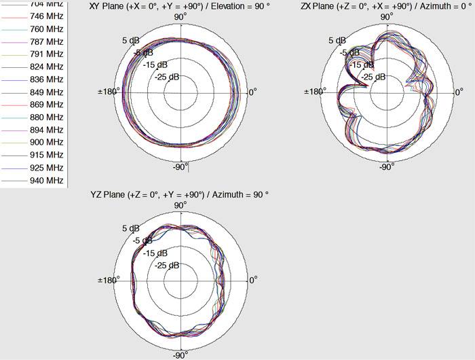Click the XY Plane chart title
(180, 6)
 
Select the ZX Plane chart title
(386, 6)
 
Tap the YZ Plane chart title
(180, 194)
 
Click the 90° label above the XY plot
(180, 17)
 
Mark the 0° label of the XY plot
(252, 92)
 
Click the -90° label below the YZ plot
(180, 355)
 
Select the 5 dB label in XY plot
(130, 40)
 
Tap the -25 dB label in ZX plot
(370, 77)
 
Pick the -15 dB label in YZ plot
(155, 253)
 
